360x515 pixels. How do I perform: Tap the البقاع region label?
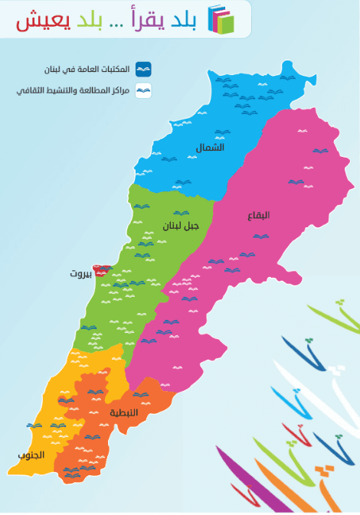[x=258, y=215]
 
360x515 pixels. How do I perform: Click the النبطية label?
[x=124, y=412]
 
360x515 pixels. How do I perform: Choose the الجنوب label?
[x=31, y=455]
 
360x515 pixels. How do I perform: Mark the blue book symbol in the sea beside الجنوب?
[x=34, y=425]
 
